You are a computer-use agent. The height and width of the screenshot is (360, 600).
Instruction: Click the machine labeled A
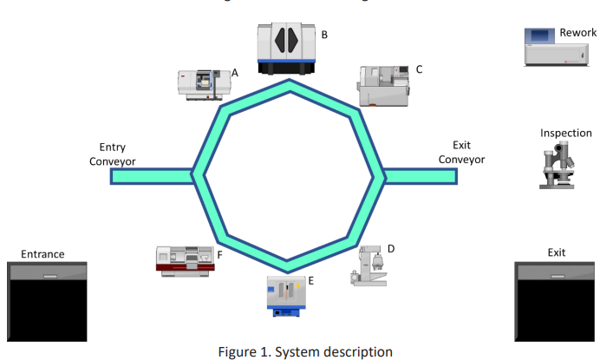click(203, 84)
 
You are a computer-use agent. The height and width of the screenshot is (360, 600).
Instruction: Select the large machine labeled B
click(285, 47)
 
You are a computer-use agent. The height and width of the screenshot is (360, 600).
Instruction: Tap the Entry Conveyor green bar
click(153, 176)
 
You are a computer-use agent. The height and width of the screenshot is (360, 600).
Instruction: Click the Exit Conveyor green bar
click(420, 176)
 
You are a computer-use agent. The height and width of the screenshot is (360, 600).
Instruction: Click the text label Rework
click(577, 33)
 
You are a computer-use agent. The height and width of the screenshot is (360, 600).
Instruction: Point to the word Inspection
click(565, 134)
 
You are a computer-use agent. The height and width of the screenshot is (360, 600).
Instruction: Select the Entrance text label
click(42, 253)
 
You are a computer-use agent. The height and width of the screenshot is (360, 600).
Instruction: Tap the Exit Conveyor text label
click(461, 152)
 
